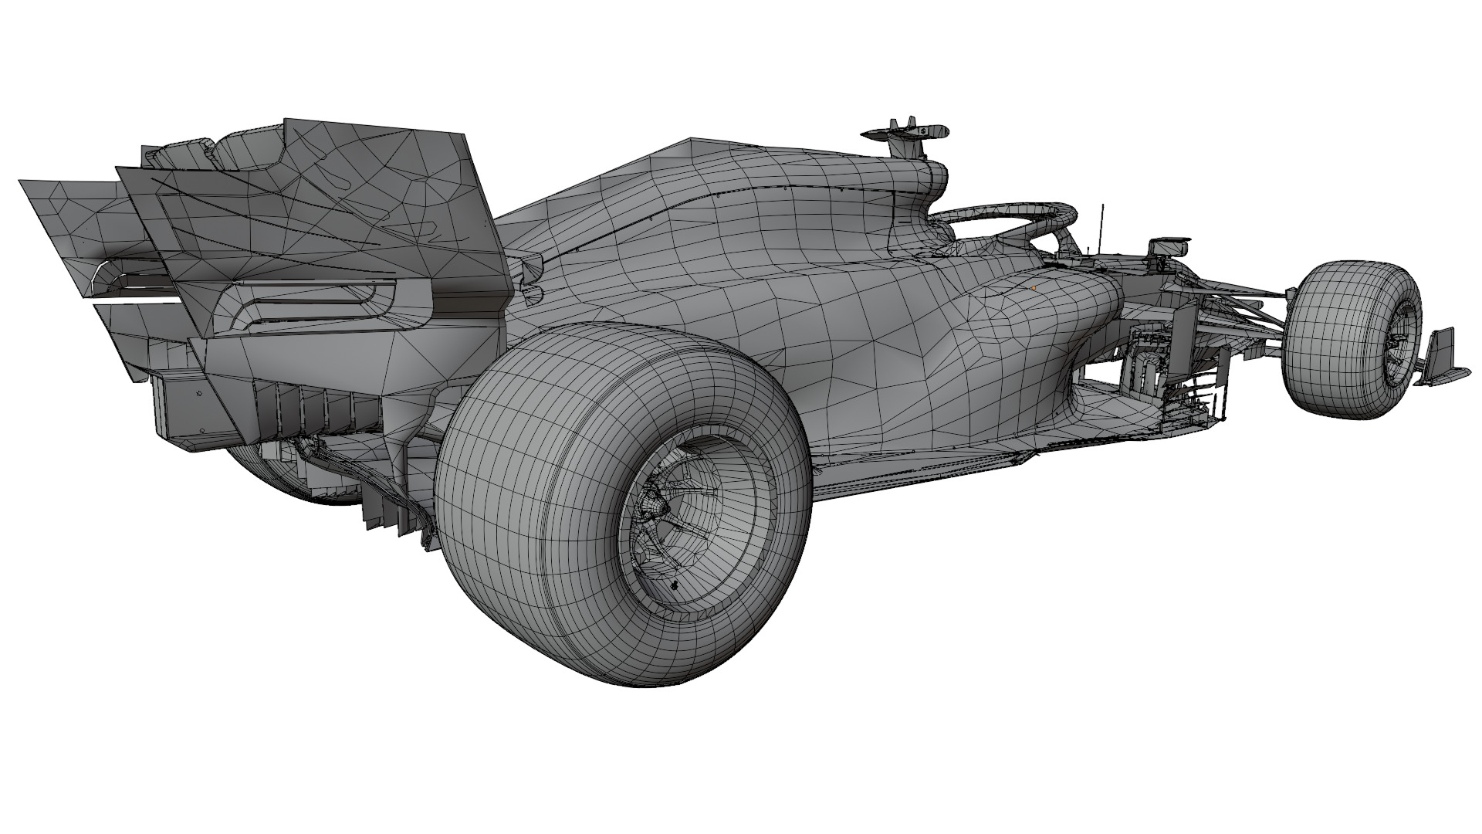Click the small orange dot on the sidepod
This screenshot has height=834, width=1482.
point(1034,288)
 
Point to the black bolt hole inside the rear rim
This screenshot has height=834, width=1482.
point(675,585)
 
